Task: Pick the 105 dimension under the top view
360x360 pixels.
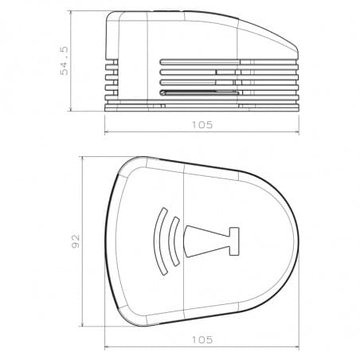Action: click(x=202, y=339)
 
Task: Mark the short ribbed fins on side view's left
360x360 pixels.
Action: click(x=112, y=80)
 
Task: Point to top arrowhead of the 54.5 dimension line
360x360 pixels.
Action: click(x=72, y=14)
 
